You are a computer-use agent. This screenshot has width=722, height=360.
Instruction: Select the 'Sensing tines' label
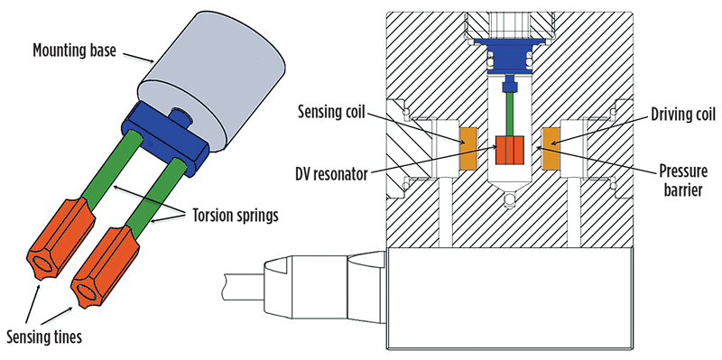[45, 337]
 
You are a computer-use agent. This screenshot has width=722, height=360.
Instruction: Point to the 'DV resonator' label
[331, 175]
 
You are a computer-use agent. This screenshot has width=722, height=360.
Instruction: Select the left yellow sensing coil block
[469, 148]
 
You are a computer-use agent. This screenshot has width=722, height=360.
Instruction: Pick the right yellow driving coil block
[551, 148]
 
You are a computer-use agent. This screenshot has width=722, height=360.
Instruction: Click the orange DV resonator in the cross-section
[510, 150]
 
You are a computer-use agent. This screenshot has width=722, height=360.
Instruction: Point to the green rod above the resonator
[510, 114]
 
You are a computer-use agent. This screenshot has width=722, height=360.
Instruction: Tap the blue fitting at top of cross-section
[510, 56]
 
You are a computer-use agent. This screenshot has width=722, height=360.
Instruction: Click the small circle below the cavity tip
[510, 199]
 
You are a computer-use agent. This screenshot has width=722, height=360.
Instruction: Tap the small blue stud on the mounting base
[176, 115]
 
